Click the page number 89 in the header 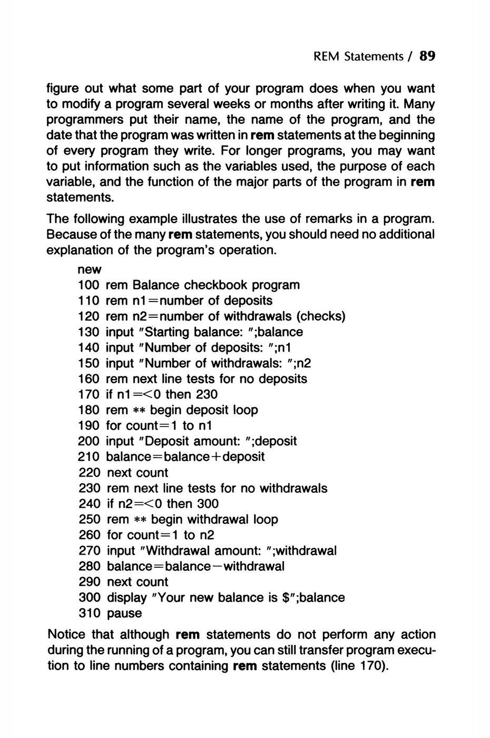(426, 56)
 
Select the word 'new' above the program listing (89, 270)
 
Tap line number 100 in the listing (89, 285)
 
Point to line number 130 (89, 332)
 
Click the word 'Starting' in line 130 (167, 332)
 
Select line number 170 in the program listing (89, 394)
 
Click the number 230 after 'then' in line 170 (207, 394)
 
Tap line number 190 (89, 425)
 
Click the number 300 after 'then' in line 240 (208, 503)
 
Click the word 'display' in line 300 (126, 598)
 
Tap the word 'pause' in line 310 (124, 614)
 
